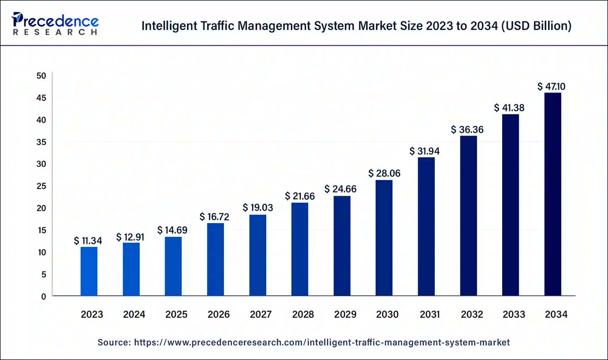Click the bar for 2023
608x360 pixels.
point(89,271)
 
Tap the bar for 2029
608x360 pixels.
point(342,246)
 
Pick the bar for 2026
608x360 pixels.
point(215,260)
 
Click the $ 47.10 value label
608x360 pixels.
point(552,87)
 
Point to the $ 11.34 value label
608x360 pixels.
point(88,241)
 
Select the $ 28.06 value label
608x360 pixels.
point(384,173)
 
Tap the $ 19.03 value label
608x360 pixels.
point(257,207)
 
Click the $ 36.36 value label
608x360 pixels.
point(468,130)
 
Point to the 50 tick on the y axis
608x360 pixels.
point(41,76)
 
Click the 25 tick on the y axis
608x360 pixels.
point(41,186)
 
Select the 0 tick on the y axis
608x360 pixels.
point(44,296)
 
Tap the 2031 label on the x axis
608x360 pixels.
point(426,315)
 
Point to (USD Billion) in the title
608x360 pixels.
point(536,26)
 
